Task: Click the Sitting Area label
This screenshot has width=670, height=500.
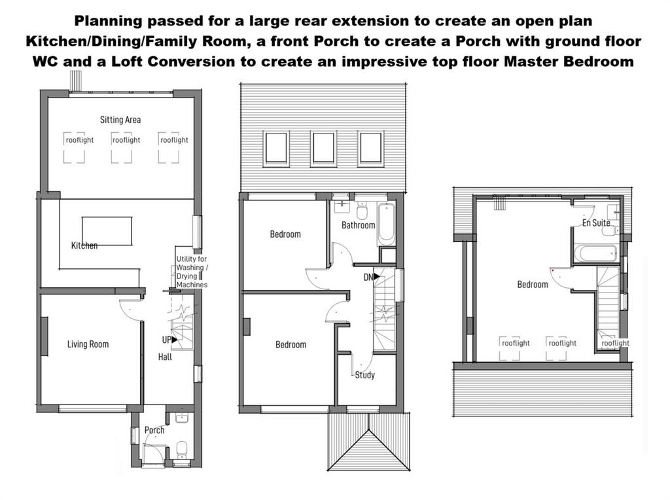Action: pyautogui.click(x=120, y=120)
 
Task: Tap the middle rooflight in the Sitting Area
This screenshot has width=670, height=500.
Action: pyautogui.click(x=121, y=147)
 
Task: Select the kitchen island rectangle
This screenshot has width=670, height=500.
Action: pyautogui.click(x=107, y=231)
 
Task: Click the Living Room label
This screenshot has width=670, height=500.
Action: pyautogui.click(x=88, y=344)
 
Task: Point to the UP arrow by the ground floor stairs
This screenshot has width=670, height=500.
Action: pyautogui.click(x=174, y=340)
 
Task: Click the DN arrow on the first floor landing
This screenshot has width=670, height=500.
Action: pyautogui.click(x=376, y=276)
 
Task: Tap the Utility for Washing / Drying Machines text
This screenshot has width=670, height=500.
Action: pyautogui.click(x=192, y=272)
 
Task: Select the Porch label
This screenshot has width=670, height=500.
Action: pyautogui.click(x=154, y=430)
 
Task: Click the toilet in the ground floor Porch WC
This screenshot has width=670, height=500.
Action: pyautogui.click(x=182, y=449)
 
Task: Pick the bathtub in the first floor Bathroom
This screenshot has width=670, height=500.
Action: pyautogui.click(x=386, y=224)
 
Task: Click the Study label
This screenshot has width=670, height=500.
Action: pyautogui.click(x=365, y=375)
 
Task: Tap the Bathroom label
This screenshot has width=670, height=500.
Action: pyautogui.click(x=358, y=225)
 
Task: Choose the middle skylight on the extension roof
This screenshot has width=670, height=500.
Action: pyautogui.click(x=323, y=149)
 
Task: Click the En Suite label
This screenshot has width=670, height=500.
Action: pyautogui.click(x=596, y=223)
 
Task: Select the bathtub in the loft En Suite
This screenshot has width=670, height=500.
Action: pyautogui.click(x=595, y=253)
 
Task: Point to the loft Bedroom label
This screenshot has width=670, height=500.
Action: pyautogui.click(x=533, y=285)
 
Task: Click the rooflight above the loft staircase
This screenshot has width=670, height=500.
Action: pyautogui.click(x=615, y=343)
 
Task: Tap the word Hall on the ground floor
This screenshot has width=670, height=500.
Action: pyautogui.click(x=165, y=357)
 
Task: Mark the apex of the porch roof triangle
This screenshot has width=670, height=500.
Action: pyautogui.click(x=369, y=430)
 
